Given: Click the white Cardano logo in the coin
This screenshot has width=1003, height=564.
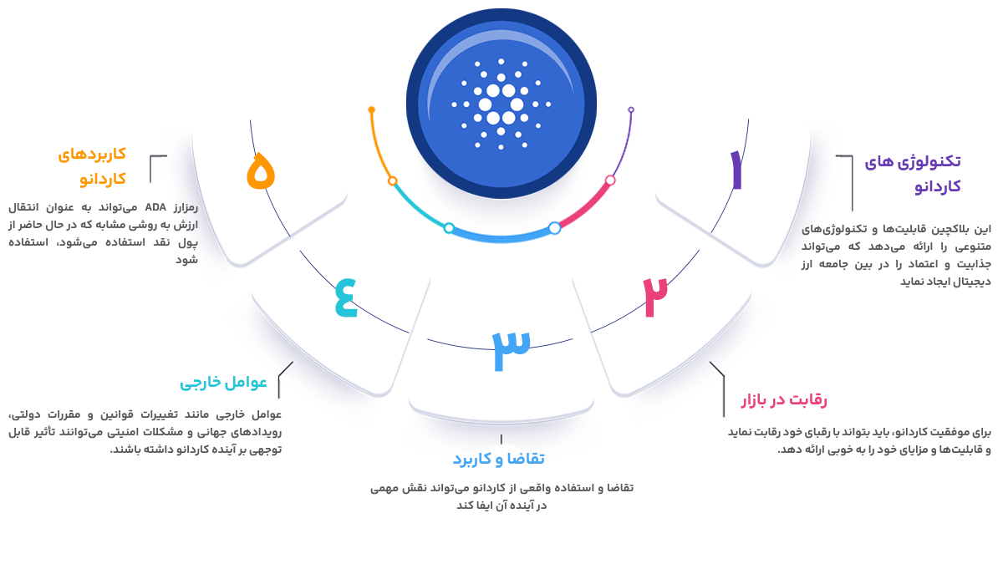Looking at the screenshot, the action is click(x=501, y=104).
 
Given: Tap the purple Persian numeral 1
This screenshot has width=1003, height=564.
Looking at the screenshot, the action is click(x=736, y=170).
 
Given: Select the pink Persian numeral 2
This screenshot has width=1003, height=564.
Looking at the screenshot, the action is click(x=655, y=297).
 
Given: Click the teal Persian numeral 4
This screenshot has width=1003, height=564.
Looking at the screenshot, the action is click(x=346, y=297).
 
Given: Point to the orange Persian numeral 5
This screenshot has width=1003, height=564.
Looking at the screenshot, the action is click(x=261, y=170).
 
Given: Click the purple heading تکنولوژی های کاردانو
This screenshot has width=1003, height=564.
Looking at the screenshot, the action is click(x=913, y=174).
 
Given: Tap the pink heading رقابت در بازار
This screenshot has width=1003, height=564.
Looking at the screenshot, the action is click(x=784, y=400).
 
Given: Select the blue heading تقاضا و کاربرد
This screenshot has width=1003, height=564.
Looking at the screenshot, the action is click(x=498, y=460).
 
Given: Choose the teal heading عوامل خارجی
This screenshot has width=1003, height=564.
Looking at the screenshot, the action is click(x=223, y=383).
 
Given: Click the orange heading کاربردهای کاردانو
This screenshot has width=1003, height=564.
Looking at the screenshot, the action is click(x=92, y=166).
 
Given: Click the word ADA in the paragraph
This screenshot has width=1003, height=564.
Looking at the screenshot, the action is click(x=155, y=208).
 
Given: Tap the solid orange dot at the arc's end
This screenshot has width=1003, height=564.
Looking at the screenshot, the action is click(x=371, y=109).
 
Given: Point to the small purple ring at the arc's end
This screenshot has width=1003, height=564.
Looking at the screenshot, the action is click(x=631, y=109).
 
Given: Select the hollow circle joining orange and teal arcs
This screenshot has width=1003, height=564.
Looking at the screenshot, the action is click(x=392, y=180).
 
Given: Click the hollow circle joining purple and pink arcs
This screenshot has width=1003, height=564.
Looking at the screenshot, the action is click(x=610, y=180).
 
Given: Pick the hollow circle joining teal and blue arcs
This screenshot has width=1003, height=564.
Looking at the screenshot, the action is click(x=449, y=228).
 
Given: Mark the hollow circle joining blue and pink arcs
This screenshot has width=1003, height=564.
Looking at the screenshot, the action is click(x=554, y=228).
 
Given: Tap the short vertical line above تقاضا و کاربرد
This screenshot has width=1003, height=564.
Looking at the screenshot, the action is click(x=501, y=439).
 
